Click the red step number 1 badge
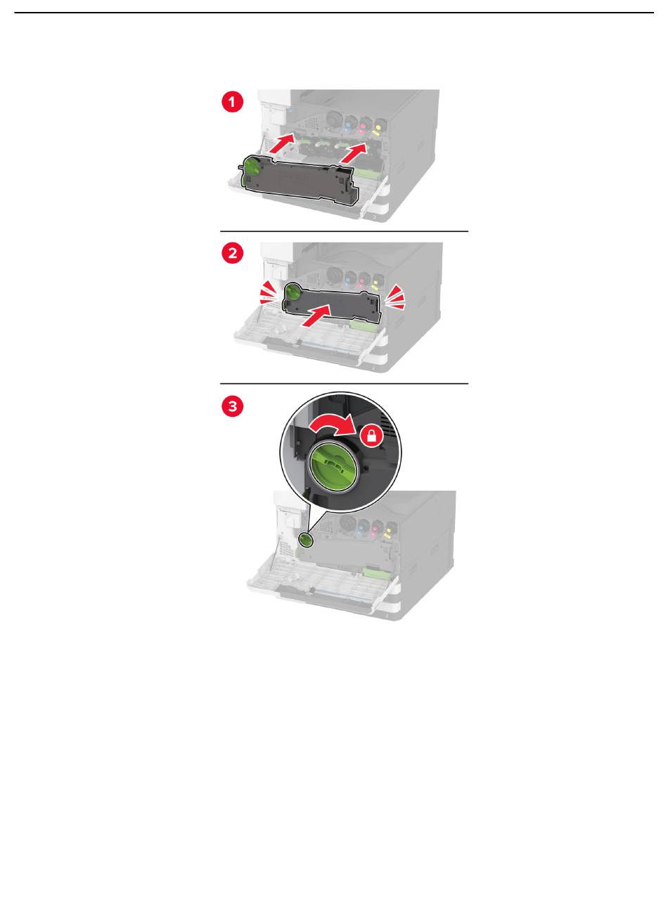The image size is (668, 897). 232,101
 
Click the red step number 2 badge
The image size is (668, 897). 232,254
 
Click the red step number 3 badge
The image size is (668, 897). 232,406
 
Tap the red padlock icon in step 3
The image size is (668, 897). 372,437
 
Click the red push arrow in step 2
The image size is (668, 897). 316,316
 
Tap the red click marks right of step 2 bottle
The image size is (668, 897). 394,297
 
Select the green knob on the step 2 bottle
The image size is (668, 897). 293,292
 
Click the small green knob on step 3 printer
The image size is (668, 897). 305,539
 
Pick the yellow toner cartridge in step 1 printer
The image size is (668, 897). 380,126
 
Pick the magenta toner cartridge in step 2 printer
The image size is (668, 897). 364,280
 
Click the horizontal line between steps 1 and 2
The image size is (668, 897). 344,232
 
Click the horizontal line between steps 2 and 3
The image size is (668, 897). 344,384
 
